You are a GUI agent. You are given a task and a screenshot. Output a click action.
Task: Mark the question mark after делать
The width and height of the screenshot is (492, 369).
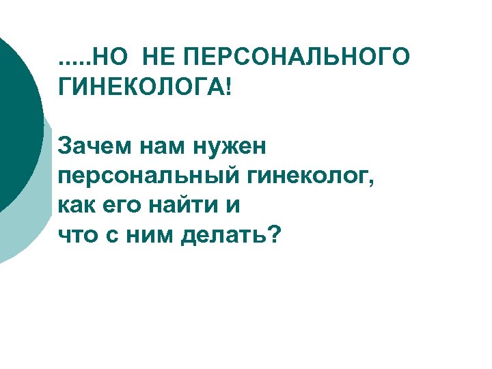tap(274, 234)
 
